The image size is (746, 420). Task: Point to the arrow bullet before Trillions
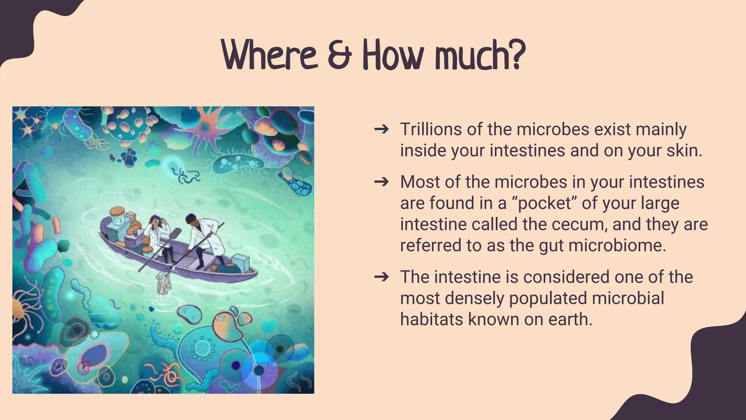pyautogui.click(x=381, y=129)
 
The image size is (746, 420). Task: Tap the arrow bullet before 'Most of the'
pyautogui.click(x=381, y=182)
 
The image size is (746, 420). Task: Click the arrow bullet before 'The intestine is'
pyautogui.click(x=381, y=277)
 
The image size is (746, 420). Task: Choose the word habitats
pyautogui.click(x=431, y=319)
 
